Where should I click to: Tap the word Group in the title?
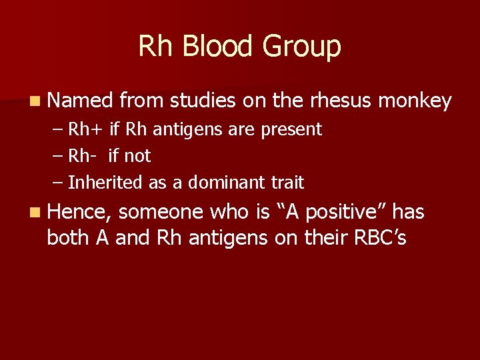tap(301, 47)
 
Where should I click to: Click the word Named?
tap(80, 101)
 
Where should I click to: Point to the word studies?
tap(203, 101)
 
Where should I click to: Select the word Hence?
tap(79, 213)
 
